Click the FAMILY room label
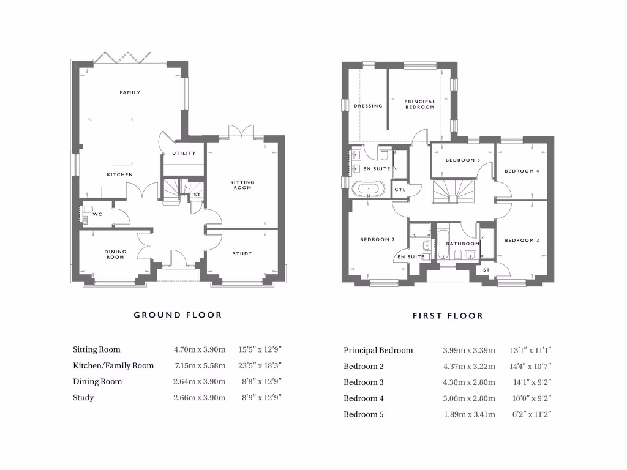coord(130,92)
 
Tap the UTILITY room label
coord(184,154)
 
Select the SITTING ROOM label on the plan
coord(242,185)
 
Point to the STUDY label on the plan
coord(242,253)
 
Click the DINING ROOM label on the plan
coord(115,254)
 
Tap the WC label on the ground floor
coord(97,215)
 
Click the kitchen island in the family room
coord(123,140)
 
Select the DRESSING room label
coord(368,106)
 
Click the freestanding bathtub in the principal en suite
coord(368,188)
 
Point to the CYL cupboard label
coord(400,190)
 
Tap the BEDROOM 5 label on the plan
coord(462,160)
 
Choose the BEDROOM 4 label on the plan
coord(522,171)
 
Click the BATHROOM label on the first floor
coord(463,244)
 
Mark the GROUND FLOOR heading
coord(178,315)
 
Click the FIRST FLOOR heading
coord(448,316)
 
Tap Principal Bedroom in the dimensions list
coord(378,351)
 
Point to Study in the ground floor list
coord(83,397)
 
